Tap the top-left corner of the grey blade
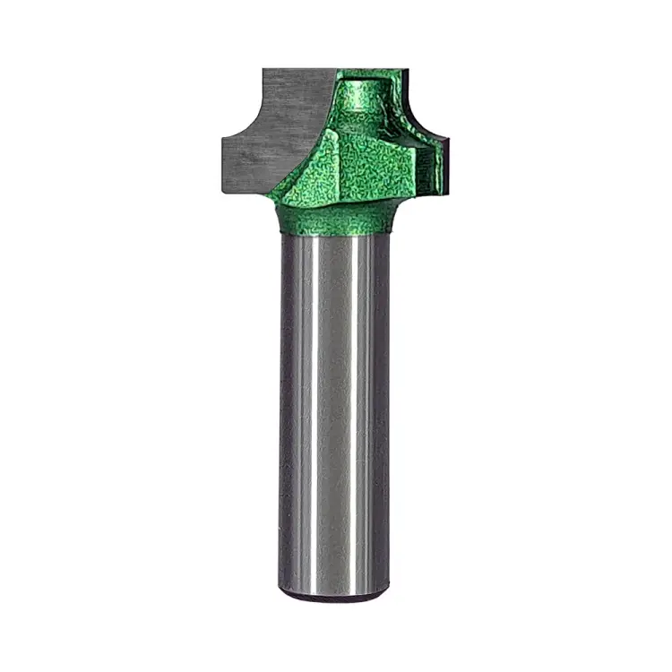(264, 71)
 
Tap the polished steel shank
(335, 403)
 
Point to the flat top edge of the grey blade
(296, 71)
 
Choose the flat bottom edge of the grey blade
(242, 191)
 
